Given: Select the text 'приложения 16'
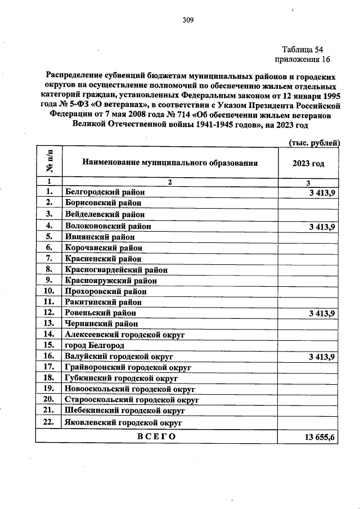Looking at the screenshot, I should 301,59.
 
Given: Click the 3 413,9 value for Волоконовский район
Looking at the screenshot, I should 322,227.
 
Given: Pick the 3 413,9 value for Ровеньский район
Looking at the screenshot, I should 322,313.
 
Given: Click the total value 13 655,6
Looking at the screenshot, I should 319,437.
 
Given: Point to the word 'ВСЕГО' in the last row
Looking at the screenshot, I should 156,436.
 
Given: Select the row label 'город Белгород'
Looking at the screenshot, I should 94,345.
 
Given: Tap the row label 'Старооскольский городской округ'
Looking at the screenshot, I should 133,399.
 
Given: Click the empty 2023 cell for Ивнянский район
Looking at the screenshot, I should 308,237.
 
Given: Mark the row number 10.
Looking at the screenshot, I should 49,291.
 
